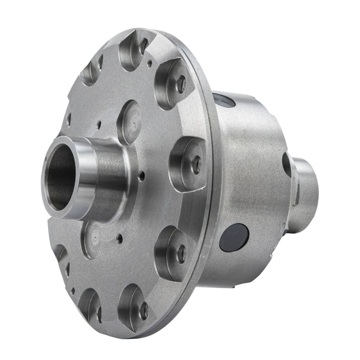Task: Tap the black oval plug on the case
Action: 234,237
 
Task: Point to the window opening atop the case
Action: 224,100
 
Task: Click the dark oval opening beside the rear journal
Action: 287,165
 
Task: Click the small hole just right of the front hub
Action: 142,176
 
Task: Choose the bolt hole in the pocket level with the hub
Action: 196,165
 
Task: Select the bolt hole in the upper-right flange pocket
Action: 180,84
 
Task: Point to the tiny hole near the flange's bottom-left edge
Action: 72,291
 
